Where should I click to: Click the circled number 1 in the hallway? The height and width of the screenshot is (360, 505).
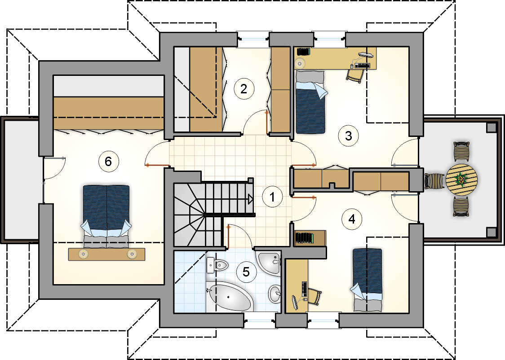click(x=272, y=197)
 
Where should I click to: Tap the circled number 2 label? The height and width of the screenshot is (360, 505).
click(x=244, y=89)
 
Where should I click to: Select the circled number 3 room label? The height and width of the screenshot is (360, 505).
click(x=348, y=136)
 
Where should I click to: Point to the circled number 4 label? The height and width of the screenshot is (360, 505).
click(x=352, y=219)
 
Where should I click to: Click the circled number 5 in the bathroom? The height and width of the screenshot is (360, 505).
click(x=246, y=272)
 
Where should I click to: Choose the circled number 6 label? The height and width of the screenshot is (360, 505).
click(x=108, y=161)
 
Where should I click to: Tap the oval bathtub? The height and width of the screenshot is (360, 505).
click(x=229, y=297)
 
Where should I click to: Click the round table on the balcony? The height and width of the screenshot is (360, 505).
click(x=461, y=180)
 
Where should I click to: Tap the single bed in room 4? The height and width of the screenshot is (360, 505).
click(x=367, y=280)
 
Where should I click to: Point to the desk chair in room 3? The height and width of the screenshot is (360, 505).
click(x=355, y=76)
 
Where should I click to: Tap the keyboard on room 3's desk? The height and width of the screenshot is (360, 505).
click(x=362, y=65)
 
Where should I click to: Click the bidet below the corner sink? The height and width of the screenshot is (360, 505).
click(x=275, y=294)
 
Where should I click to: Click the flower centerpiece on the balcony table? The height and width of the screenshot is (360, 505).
click(x=462, y=179)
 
